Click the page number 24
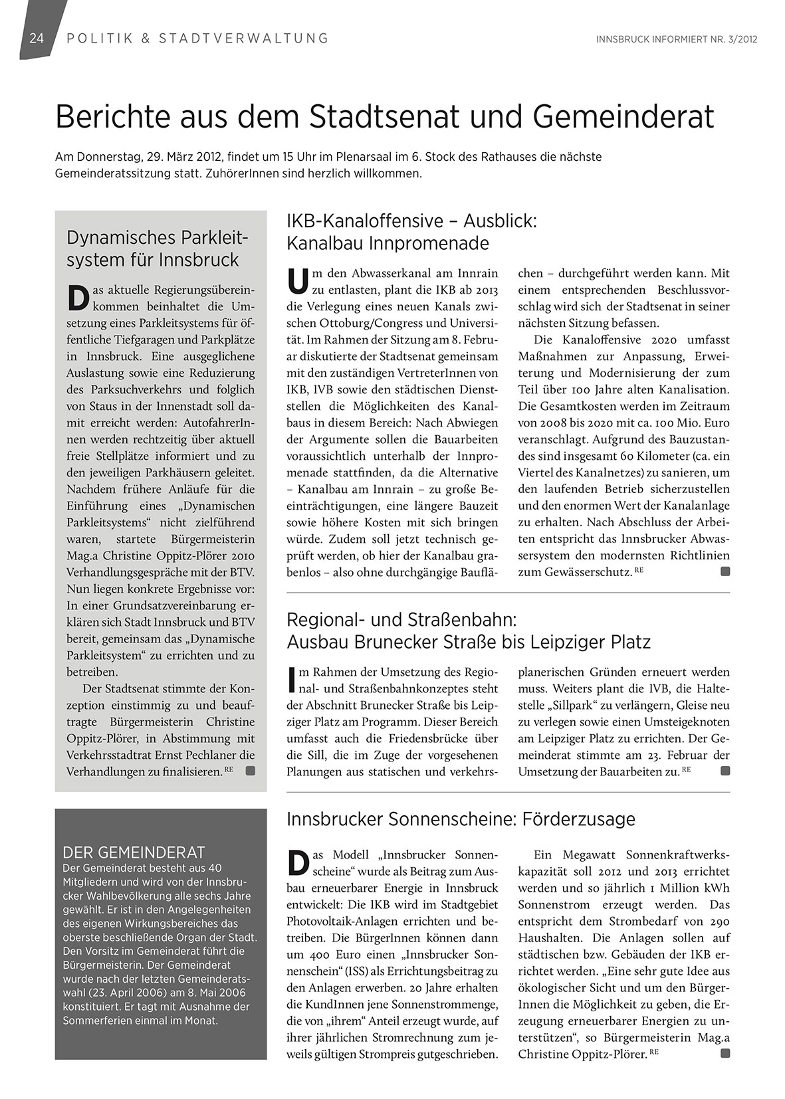point(36,39)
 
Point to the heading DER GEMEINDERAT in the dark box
point(133,852)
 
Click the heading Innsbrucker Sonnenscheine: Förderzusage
point(461,819)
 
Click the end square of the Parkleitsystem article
point(251,771)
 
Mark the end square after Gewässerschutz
point(725,571)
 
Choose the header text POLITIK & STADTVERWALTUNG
point(198,39)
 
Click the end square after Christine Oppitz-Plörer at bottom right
point(725,1053)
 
